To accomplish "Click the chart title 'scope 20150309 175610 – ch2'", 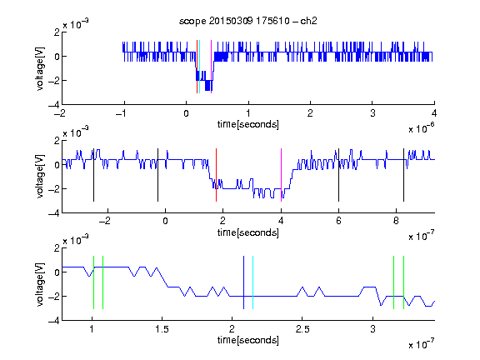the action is tap(248, 21).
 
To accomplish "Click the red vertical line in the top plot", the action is tap(197, 67).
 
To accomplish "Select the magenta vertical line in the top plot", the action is tap(211, 67).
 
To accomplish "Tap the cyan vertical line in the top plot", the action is tap(200, 67).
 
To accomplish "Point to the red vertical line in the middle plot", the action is tap(216, 175).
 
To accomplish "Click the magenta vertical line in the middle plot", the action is tap(281, 175).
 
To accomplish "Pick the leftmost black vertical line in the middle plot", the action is tap(93, 175).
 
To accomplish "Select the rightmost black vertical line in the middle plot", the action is tap(403, 175).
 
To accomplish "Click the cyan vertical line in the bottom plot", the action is tap(252, 282).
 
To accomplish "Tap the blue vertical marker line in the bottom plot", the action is tap(243, 282).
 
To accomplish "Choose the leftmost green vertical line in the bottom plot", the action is tap(93, 282).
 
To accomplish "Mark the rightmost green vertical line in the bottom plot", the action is tap(403, 282).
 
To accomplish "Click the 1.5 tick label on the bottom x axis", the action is tap(162, 329).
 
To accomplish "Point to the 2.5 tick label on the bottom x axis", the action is tap(302, 329).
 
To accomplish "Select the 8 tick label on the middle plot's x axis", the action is tap(396, 221).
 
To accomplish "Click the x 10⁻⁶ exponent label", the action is tap(422, 128).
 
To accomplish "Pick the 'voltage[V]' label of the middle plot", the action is tap(40, 177).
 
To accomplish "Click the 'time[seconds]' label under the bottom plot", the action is tap(248, 340).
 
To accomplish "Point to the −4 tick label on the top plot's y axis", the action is tap(54, 105).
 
